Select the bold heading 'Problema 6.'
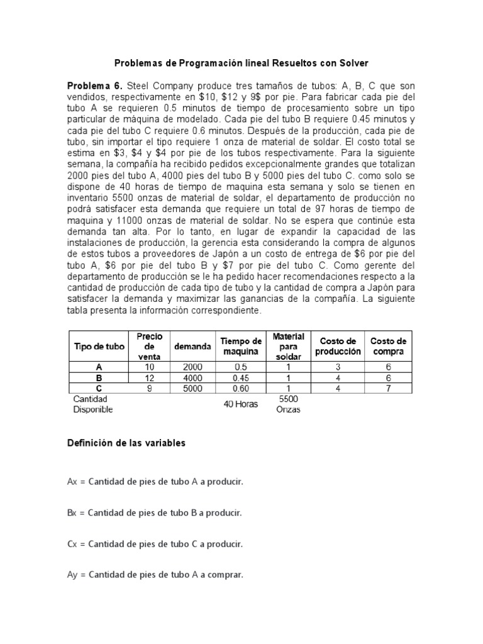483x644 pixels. click(96, 85)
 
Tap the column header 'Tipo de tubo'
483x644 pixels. click(99, 346)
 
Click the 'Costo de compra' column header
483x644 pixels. click(387, 346)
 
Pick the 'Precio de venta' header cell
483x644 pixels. click(150, 346)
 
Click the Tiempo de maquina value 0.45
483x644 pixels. click(241, 377)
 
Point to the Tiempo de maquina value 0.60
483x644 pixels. click(241, 388)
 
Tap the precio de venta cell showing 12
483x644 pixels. click(150, 377)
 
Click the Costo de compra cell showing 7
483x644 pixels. click(387, 388)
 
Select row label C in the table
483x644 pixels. click(99, 388)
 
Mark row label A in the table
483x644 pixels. click(99, 366)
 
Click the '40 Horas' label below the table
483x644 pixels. click(241, 404)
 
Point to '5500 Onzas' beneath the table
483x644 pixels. click(289, 404)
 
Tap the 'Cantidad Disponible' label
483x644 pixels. click(92, 404)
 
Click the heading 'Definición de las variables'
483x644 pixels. click(126, 443)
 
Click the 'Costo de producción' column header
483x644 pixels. click(338, 346)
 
